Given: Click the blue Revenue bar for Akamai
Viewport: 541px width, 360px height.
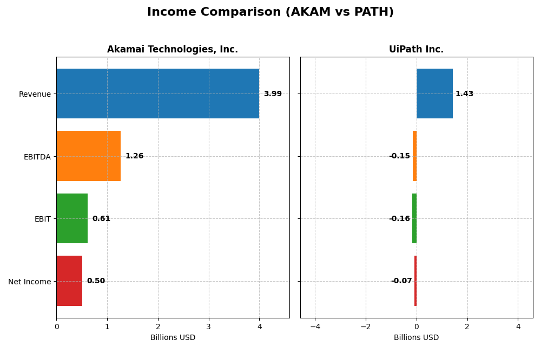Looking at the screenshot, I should pos(157,94).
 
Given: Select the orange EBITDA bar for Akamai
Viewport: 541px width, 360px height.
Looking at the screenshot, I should pos(88,156).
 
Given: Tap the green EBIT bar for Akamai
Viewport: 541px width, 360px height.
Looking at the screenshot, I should pos(72,218).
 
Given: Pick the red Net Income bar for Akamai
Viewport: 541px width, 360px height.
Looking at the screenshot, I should pos(69,281).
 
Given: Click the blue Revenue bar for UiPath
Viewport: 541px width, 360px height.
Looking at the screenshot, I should pos(434,94).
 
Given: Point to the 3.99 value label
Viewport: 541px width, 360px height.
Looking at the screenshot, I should pos(273,94).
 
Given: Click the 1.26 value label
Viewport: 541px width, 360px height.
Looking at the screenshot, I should pos(134,156).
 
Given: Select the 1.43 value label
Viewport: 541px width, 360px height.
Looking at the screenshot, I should pos(464,94).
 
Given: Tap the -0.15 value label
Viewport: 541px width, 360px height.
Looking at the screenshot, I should pos(399,156).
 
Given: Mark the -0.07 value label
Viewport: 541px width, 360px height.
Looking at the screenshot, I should pos(401,281).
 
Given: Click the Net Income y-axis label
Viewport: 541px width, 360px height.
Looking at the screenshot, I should pos(29,281).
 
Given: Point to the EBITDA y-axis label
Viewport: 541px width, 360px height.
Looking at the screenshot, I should pos(37,157).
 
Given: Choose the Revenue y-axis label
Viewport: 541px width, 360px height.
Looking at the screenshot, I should pos(35,94).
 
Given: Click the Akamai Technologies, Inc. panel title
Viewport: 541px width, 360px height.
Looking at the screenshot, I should pos(173,50).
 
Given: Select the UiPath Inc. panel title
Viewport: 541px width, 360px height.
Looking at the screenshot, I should pos(416,50).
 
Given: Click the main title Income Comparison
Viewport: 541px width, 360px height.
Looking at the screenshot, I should pos(270,12).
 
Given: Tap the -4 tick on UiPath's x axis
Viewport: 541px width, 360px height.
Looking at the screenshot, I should pos(315,326).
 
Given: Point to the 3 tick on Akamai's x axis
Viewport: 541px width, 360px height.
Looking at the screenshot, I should pos(208,326).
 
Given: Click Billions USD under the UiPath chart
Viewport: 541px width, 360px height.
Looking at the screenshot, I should pos(416,337).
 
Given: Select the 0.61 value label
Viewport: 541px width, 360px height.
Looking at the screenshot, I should pos(101,218).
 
